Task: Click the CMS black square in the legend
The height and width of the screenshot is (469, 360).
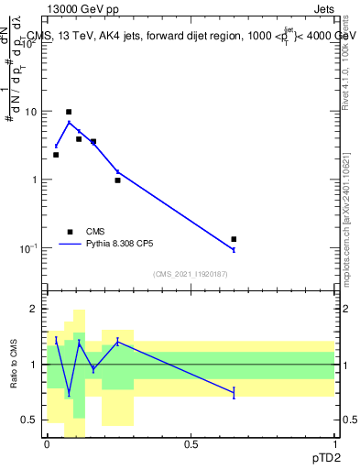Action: [x=70, y=232]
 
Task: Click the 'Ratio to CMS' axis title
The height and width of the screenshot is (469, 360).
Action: [x=15, y=365]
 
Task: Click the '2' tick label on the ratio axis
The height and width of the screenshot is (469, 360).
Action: [x=32, y=310]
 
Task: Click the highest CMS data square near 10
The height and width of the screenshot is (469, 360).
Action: [x=69, y=112]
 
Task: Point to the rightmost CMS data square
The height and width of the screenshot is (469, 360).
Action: [x=234, y=239]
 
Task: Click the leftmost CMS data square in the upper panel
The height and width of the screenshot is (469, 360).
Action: [x=56, y=155]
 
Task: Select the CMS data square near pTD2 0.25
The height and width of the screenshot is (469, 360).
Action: [x=117, y=180]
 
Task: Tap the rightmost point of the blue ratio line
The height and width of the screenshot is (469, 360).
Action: [x=234, y=392]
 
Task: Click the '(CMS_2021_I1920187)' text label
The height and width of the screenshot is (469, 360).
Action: [x=191, y=274]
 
